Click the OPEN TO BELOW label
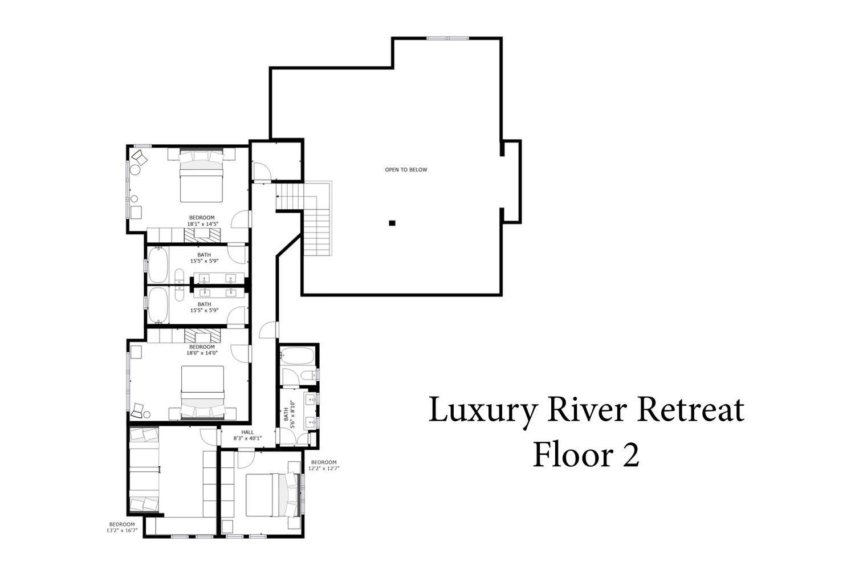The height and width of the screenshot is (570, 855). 406,169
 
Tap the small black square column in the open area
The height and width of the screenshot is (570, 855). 392,223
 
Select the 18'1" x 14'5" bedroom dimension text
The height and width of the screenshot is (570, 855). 202,224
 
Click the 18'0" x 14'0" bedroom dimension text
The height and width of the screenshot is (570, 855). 202,353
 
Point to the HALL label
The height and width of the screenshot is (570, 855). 247,432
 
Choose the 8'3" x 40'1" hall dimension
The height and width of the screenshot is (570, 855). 247,438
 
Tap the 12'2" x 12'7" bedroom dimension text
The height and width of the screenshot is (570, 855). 324,469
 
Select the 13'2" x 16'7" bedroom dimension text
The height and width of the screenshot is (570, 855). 122,530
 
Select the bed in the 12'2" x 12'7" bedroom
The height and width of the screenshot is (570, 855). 272,495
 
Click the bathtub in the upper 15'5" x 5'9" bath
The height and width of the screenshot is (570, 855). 158,265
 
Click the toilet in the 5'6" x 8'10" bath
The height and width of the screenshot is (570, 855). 309,376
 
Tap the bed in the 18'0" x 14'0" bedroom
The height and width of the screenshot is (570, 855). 202,392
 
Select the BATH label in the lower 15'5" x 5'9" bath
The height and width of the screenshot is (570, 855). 204,304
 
